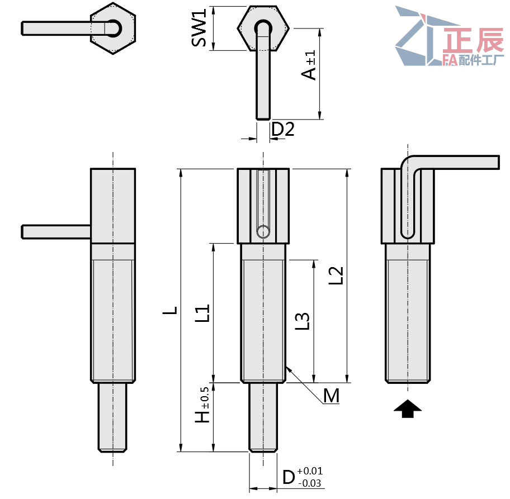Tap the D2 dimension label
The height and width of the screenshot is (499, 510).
click(282, 130)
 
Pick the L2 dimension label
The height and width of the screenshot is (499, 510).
click(336, 276)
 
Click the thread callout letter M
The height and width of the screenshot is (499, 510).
click(331, 396)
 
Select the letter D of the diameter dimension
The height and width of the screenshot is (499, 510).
click(288, 478)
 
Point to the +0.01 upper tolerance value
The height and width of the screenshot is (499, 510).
click(310, 471)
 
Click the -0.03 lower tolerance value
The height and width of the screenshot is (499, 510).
click(310, 483)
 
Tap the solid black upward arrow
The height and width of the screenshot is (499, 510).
click(408, 409)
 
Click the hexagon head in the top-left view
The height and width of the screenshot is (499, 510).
click(114, 28)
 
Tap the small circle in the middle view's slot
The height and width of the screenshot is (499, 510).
click(262, 231)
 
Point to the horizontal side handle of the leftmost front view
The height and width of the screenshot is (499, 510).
click(56, 231)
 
